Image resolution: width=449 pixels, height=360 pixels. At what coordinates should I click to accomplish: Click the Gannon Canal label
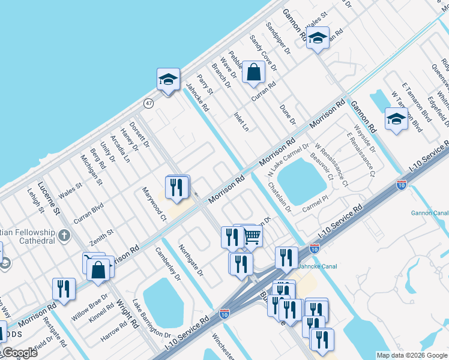point(429,212)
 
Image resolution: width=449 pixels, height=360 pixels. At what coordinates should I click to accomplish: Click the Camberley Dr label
point(167,264)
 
